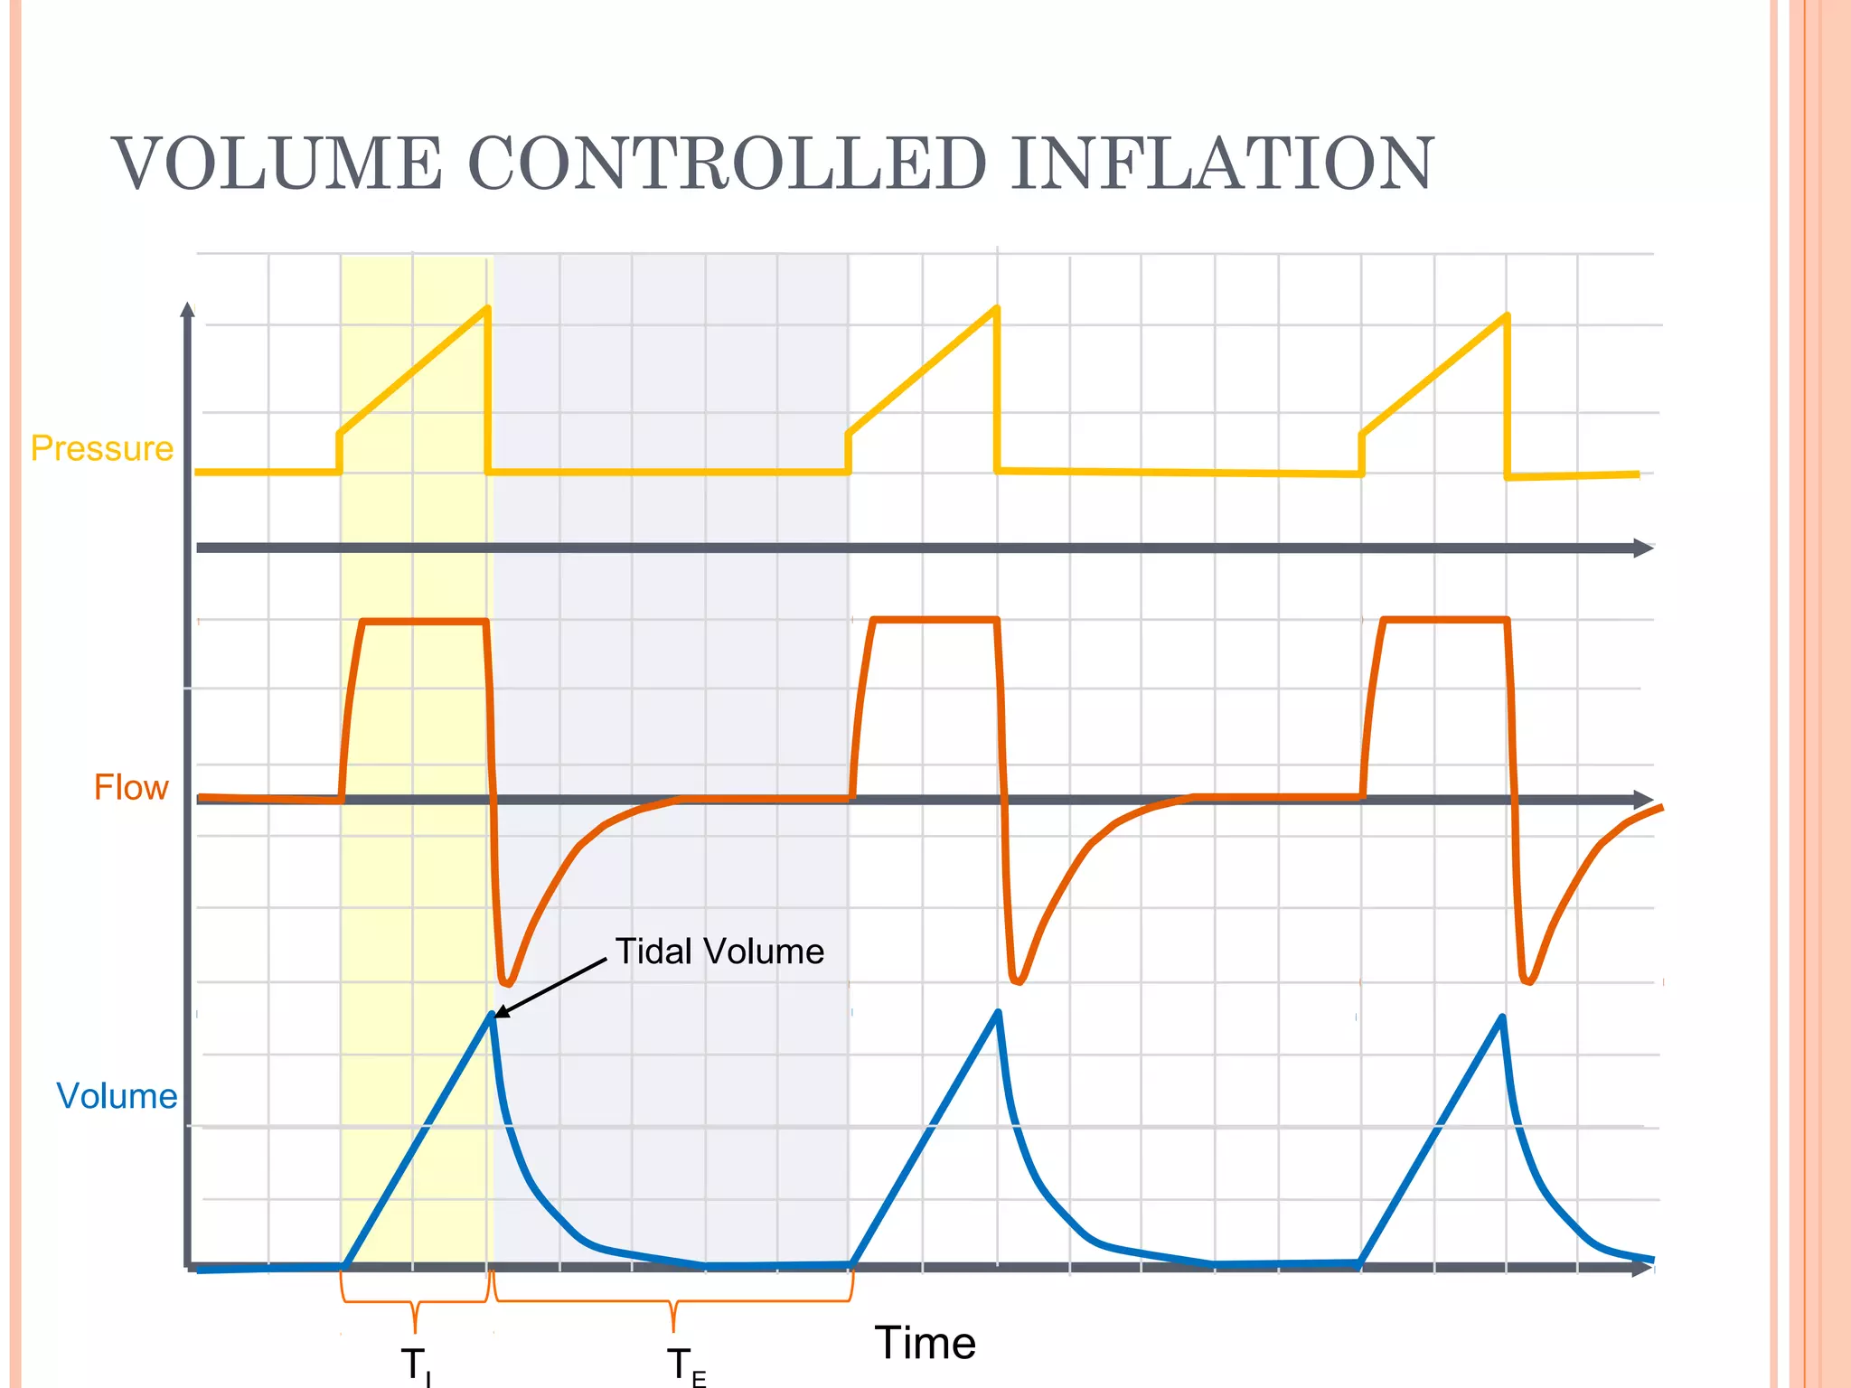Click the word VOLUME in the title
277,164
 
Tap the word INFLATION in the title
1221,164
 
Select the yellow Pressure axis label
101,448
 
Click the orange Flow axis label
131,787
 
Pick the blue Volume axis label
117,1095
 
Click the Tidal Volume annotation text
719,952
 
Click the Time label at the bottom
925,1343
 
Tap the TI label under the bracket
416,1365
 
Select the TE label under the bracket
686,1365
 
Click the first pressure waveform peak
487,309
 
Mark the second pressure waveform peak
996,309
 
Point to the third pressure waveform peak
1507,316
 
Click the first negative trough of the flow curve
507,982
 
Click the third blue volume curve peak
1502,1018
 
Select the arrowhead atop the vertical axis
188,310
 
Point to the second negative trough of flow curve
1018,980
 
